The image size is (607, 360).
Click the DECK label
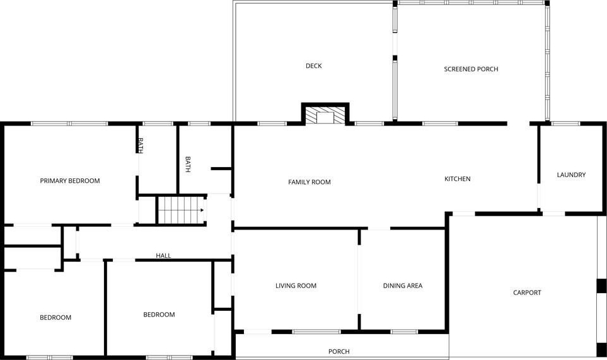point(313,66)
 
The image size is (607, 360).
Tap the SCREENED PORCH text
point(471,69)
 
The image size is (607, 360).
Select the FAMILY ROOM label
point(309,182)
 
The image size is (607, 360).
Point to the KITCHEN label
point(457,179)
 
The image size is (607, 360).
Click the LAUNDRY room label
point(571,175)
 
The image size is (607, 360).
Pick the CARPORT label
point(527,293)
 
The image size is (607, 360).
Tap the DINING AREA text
point(403,286)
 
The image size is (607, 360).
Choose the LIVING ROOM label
point(296,286)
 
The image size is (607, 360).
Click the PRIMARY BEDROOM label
point(70,181)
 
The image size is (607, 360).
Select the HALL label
point(163,255)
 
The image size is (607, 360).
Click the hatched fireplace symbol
point(325,116)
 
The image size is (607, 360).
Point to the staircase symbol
point(181,210)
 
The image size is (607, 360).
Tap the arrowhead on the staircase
point(202,210)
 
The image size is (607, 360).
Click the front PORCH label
point(338,351)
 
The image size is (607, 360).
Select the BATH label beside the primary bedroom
point(141,145)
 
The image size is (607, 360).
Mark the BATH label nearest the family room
point(188,164)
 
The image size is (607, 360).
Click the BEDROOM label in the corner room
point(55,317)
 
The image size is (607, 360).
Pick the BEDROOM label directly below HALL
point(159,315)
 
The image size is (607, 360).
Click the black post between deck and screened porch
point(395,58)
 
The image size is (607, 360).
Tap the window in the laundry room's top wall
point(565,124)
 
